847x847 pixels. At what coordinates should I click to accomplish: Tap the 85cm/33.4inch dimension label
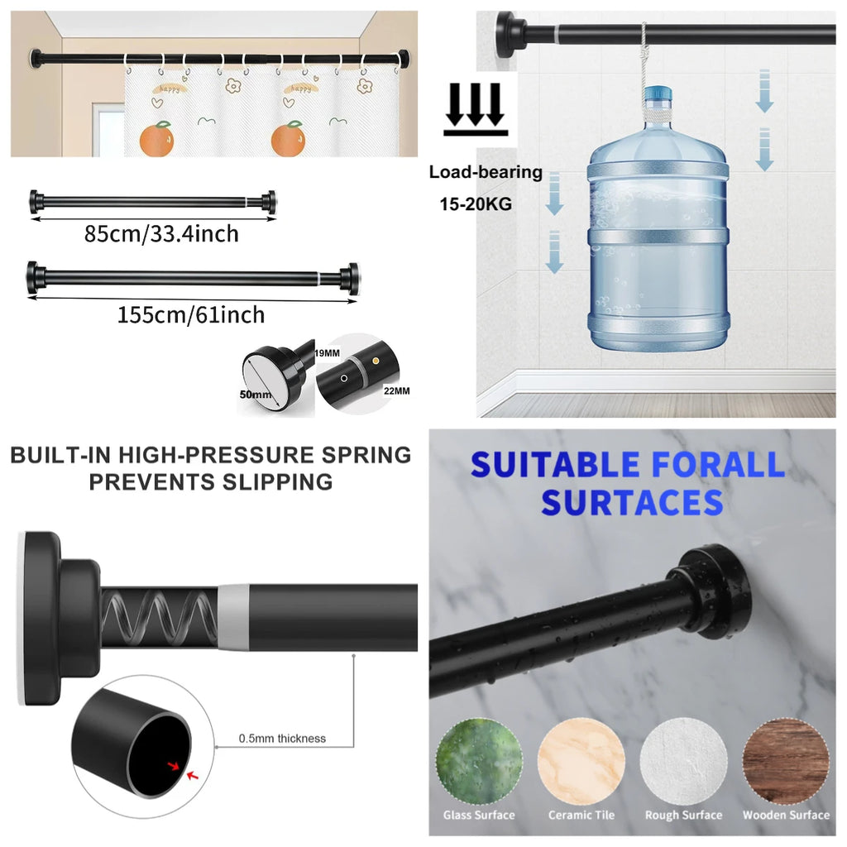(x=161, y=234)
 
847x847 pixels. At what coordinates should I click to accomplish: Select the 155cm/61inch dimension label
(x=191, y=315)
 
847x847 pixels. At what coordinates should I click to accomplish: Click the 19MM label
(x=328, y=353)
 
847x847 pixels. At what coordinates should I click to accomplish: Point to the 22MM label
(x=396, y=390)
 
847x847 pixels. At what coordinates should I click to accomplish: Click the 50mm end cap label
(x=256, y=395)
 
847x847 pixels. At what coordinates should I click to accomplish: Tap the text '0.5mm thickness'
(x=283, y=739)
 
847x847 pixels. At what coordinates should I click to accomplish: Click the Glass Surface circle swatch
(x=479, y=762)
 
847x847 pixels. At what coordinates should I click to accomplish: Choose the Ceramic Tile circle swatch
(x=581, y=762)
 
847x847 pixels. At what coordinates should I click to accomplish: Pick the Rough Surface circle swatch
(x=683, y=762)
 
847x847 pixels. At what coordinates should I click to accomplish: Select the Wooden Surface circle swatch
(x=786, y=762)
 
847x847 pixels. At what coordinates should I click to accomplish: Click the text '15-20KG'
(x=476, y=204)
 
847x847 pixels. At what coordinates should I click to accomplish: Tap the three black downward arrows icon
(x=476, y=108)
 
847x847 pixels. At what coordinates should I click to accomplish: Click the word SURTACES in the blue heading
(x=632, y=503)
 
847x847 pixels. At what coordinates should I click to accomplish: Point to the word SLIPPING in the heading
(x=277, y=482)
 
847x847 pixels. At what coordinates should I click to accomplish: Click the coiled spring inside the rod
(x=160, y=617)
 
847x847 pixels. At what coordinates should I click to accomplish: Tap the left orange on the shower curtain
(x=156, y=139)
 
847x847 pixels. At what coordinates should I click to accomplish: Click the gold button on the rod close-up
(x=376, y=361)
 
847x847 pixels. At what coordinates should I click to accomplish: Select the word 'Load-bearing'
(x=486, y=172)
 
